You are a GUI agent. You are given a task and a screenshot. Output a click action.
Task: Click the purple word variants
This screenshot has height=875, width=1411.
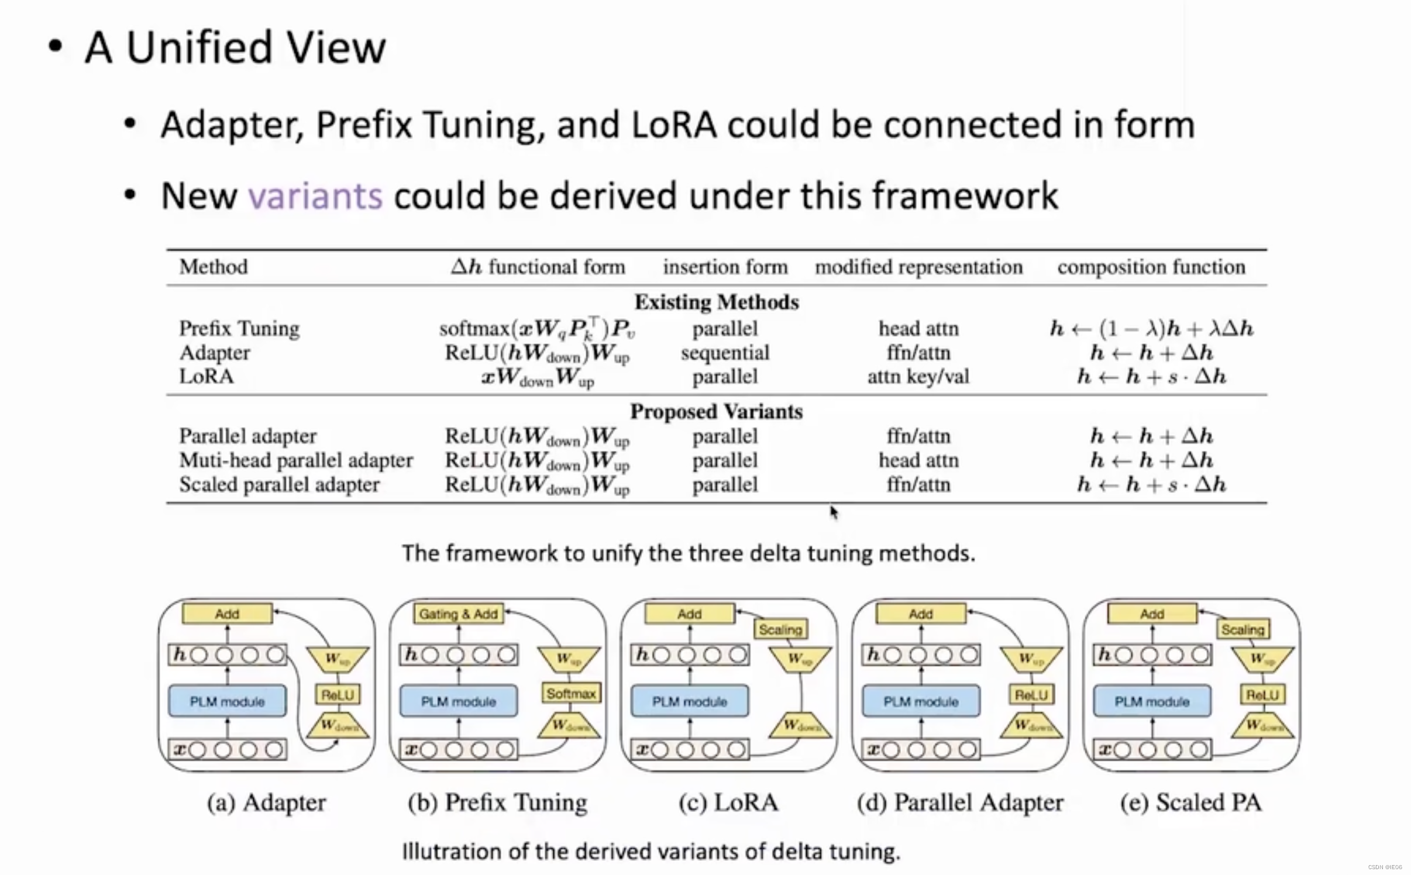tap(315, 195)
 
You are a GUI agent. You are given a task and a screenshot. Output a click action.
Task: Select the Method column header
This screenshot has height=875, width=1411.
tap(214, 267)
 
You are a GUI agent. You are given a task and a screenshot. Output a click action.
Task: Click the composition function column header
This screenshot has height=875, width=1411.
tap(1151, 267)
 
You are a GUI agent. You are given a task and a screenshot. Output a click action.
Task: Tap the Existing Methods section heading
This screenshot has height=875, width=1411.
tap(717, 302)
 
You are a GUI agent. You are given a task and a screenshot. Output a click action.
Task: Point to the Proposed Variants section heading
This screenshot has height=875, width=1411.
tap(716, 412)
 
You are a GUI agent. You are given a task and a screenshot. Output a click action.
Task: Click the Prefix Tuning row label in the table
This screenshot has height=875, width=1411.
tap(239, 329)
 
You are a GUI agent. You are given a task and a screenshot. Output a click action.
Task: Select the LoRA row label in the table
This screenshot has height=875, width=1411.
tap(207, 376)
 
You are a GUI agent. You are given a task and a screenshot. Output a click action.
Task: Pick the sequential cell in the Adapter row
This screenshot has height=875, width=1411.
tap(725, 353)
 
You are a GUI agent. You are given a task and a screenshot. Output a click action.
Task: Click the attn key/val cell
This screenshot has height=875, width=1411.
tap(918, 377)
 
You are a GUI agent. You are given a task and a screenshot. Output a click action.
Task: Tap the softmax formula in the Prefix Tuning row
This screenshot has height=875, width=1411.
tap(537, 329)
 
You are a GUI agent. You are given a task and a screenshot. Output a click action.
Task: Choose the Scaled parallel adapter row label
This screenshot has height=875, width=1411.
tap(279, 485)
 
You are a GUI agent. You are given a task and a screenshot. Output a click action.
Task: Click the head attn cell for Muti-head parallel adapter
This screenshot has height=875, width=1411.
tap(918, 461)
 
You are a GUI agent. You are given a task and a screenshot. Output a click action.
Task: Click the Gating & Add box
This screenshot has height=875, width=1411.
tap(458, 614)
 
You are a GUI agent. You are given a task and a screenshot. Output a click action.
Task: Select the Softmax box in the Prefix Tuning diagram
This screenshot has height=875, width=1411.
tap(571, 694)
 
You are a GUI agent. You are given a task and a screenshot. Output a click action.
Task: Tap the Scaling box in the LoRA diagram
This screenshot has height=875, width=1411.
tap(780, 629)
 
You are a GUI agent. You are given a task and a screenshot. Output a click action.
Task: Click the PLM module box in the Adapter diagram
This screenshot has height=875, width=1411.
tap(227, 701)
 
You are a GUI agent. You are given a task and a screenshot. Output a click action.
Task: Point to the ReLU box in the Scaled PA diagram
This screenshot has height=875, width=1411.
tap(1262, 695)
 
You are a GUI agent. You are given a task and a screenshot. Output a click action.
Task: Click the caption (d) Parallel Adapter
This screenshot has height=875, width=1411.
tap(960, 802)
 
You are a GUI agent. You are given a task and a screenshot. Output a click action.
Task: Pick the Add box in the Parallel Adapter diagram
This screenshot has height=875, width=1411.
tap(920, 614)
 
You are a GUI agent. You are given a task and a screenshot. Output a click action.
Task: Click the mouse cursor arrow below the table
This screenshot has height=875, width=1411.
tap(834, 512)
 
